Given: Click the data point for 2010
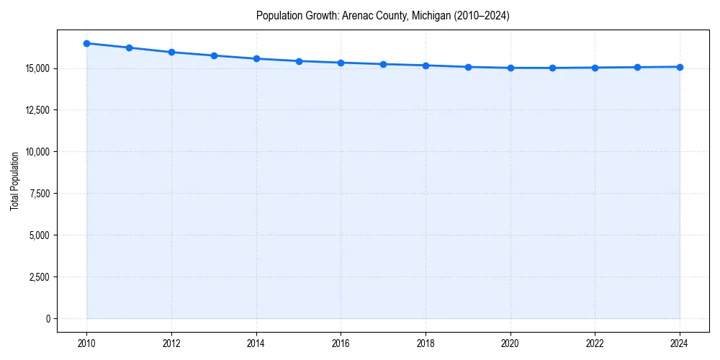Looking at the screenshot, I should click(86, 43).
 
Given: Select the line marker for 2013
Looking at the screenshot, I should click(214, 55).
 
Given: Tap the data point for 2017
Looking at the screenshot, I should click(383, 64).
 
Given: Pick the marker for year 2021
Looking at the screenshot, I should click(552, 68).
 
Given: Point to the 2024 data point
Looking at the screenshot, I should click(680, 67).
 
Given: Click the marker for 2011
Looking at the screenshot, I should click(129, 48).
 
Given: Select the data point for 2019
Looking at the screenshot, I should click(468, 67).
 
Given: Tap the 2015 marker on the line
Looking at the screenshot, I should click(299, 61).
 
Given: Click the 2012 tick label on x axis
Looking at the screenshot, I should click(171, 343).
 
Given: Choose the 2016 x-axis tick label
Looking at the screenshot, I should click(341, 343).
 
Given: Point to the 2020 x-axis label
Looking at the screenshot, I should click(510, 343).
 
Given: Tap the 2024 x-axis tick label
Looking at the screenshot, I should click(680, 343).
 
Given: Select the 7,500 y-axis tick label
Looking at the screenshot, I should click(38, 194).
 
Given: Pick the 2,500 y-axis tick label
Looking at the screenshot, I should click(38, 277).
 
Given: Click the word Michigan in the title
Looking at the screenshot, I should click(428, 16).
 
